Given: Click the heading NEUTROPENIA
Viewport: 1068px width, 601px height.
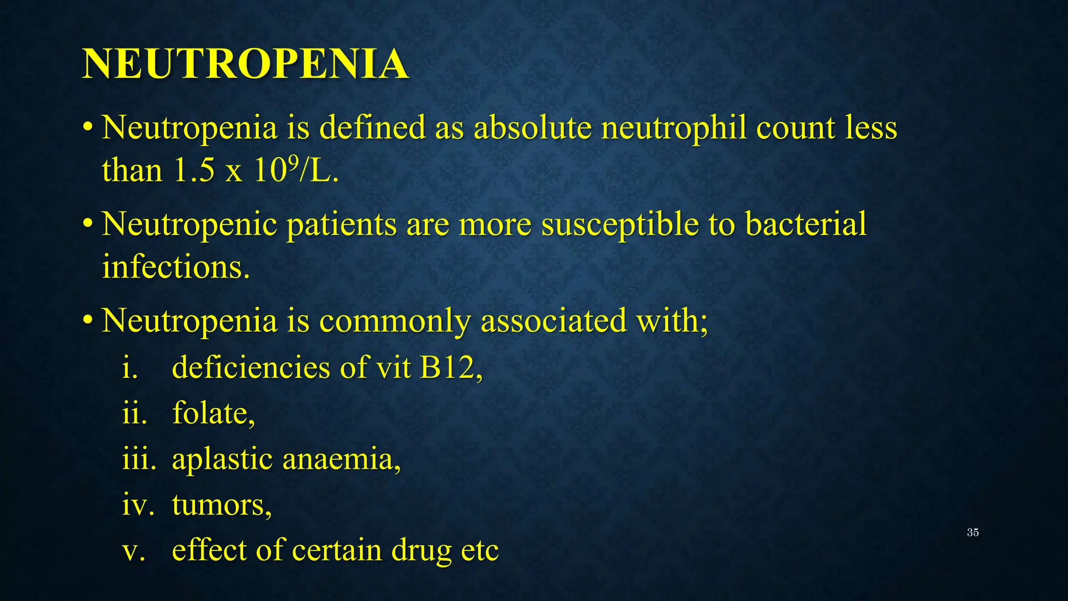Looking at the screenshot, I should pos(245,64).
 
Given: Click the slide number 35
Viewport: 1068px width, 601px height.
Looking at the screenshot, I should pos(973,533).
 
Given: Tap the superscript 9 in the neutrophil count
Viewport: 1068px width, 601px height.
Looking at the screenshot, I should pos(293,163).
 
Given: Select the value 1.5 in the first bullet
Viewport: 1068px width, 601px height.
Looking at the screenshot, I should pos(193,171).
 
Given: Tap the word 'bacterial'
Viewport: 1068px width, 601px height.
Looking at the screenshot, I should pos(806,224).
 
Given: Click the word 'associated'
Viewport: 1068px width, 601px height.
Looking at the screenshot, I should pos(553,321).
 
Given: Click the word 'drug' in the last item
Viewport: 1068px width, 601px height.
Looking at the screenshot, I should pos(421,551).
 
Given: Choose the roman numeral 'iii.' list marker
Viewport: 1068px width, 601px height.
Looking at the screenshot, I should pos(139,460).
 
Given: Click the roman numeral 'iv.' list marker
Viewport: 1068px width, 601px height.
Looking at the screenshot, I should pos(138,505).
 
